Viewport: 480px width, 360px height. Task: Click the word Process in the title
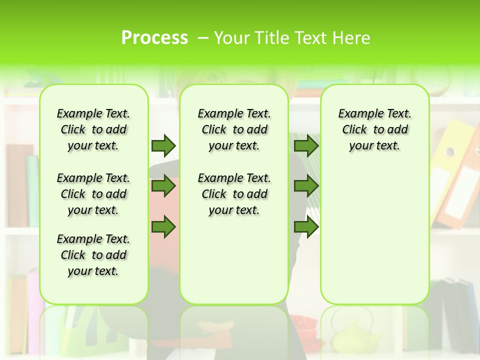click(154, 38)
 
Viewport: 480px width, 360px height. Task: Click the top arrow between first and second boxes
click(163, 145)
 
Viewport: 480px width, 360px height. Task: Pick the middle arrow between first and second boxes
click(163, 186)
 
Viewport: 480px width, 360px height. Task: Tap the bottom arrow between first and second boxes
click(163, 226)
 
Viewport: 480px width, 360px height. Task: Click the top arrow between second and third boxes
click(306, 145)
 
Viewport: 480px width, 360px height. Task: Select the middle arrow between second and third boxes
click(306, 186)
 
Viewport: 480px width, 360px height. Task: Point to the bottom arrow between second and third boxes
click(306, 226)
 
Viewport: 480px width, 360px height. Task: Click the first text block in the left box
click(93, 129)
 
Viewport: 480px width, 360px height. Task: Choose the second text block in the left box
click(93, 194)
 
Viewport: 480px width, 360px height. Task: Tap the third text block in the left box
click(93, 255)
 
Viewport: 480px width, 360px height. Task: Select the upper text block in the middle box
click(234, 129)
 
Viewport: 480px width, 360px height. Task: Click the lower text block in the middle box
click(234, 194)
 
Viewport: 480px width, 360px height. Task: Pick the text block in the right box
click(374, 129)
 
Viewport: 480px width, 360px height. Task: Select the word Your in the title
click(232, 38)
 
